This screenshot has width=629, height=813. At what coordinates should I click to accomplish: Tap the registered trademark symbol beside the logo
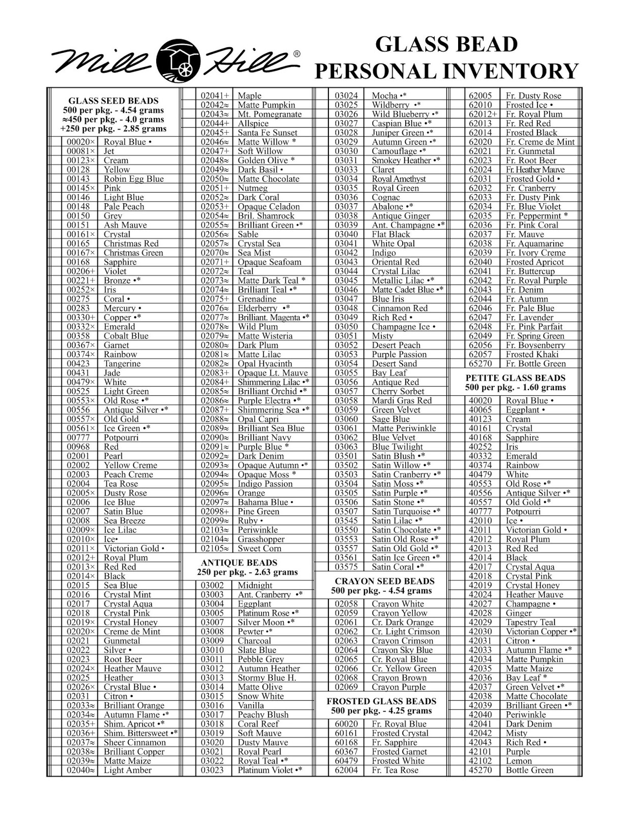297,54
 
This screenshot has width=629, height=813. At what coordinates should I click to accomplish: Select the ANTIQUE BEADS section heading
239,562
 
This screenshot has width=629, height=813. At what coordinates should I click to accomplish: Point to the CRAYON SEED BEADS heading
384,581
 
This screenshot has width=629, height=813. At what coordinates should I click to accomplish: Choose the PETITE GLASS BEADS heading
515,378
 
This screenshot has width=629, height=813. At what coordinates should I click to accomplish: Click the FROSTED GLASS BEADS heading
381,701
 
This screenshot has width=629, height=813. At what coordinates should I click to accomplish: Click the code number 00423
78,364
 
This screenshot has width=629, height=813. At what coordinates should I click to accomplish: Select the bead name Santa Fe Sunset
267,133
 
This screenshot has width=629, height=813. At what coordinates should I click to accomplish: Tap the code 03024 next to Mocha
346,96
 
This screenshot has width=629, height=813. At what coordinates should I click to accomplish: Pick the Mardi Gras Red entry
401,400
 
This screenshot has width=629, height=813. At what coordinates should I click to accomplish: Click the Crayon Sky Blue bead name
402,650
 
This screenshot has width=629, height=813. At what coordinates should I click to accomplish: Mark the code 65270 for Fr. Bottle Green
480,364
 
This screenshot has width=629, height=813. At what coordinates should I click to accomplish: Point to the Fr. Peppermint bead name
533,216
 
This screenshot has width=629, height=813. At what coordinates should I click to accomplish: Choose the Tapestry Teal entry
530,622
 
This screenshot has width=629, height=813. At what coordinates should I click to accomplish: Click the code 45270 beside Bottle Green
480,770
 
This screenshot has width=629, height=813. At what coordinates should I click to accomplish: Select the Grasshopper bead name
261,539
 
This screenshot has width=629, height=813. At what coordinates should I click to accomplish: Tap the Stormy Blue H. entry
266,678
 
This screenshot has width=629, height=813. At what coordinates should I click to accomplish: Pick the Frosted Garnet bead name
399,752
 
